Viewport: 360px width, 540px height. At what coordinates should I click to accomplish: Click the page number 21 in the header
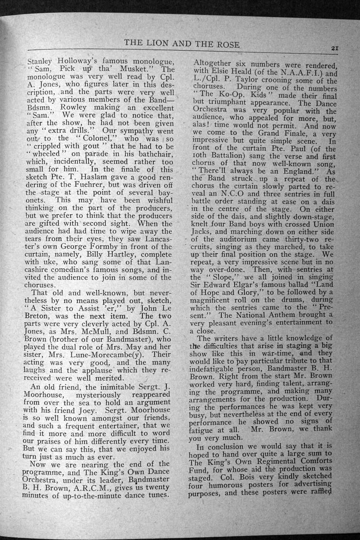click(x=334, y=48)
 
